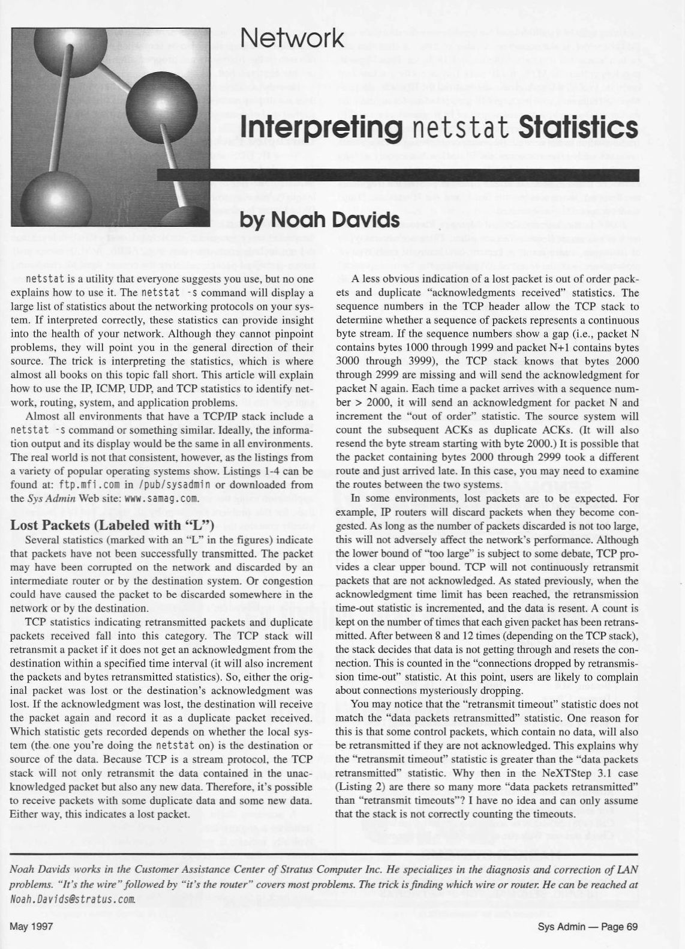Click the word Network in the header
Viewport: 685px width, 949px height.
coord(292,38)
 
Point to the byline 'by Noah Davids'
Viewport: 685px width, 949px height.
coord(320,220)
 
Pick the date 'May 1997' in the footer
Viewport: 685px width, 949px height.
coord(32,926)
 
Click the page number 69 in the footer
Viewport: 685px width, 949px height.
coord(631,926)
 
